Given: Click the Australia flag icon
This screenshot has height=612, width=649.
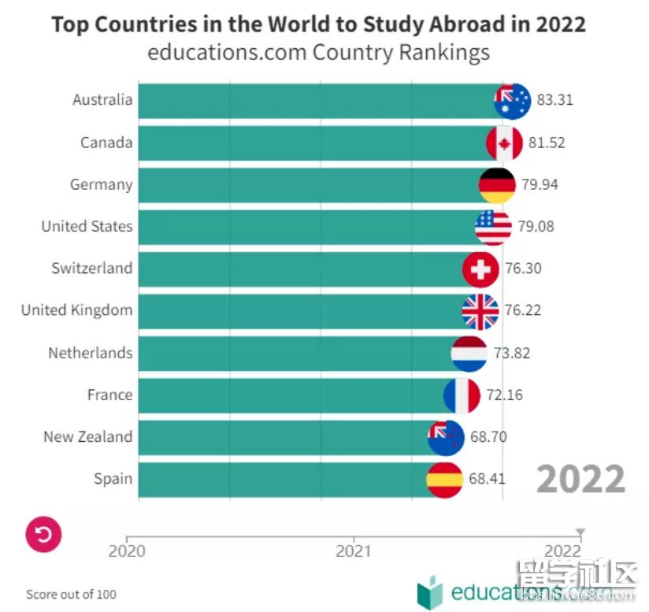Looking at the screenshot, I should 512,101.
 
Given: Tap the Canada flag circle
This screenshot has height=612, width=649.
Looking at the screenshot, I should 504,143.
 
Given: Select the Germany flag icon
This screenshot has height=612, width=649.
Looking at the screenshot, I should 497,185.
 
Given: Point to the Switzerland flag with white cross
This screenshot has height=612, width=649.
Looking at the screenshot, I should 480,269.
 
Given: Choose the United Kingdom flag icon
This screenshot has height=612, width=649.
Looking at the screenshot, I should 480,311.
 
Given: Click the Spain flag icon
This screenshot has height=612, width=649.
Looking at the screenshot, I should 444,479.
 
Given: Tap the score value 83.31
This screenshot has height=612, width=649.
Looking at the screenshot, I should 554,101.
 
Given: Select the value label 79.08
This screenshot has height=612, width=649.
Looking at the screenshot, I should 536,227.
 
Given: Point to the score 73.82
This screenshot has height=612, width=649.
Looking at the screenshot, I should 512,353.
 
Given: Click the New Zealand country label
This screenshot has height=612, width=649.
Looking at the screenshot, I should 87,437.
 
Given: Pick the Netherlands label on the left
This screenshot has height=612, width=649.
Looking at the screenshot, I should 90,353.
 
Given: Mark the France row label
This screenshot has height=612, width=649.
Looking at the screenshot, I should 109,395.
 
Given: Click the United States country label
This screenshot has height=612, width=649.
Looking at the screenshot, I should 87,227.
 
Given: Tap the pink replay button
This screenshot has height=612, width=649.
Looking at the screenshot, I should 43,536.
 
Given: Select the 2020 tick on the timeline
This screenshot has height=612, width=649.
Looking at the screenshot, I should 127,551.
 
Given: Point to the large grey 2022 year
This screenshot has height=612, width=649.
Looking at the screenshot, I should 581,479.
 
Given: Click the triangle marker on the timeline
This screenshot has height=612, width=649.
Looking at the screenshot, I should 580,532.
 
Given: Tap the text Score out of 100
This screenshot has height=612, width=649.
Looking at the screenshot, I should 71,594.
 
